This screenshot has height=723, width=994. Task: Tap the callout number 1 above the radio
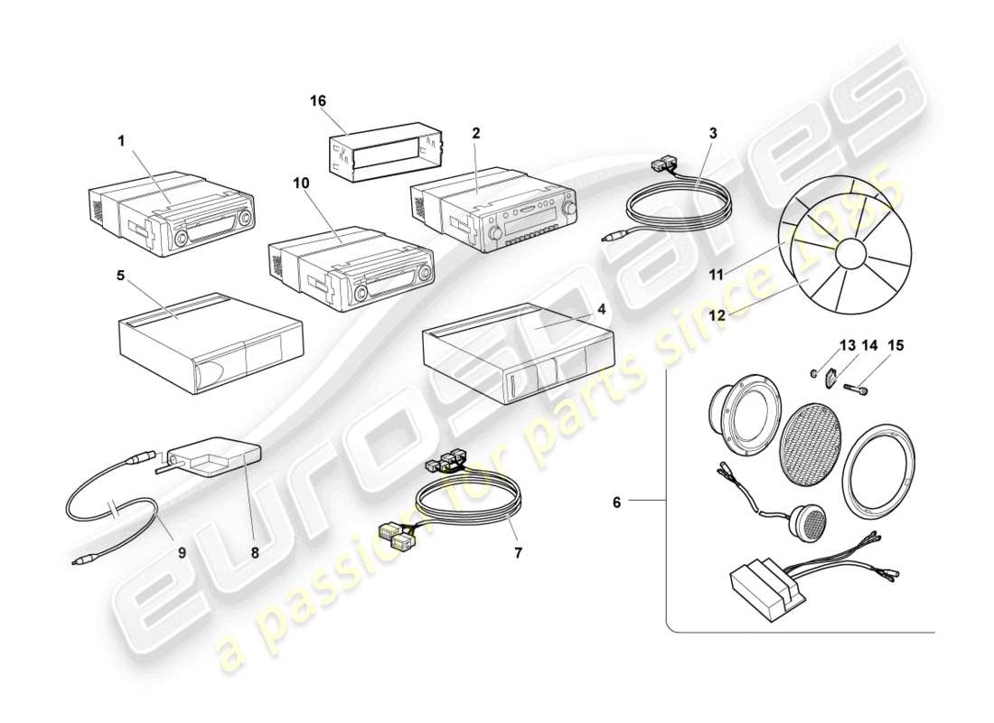120,141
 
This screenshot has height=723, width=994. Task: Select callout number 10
301,183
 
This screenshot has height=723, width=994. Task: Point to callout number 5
120,277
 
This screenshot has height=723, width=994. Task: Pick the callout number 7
518,550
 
